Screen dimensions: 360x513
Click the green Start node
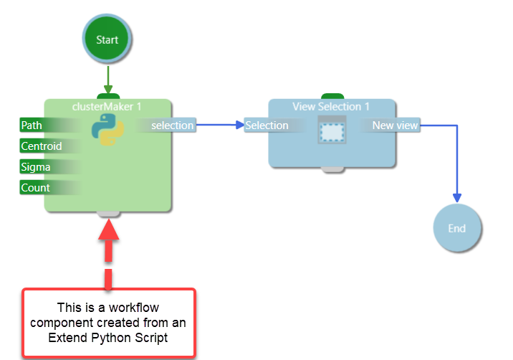click(107, 39)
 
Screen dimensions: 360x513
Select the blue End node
click(456, 229)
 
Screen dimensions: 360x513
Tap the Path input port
click(32, 125)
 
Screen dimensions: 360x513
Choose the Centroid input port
click(42, 146)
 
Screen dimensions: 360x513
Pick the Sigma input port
click(36, 167)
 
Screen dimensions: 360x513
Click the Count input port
click(36, 188)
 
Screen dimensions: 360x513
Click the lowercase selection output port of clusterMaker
click(172, 125)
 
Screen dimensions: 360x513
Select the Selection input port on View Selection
click(267, 125)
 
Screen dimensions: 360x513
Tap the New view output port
click(394, 125)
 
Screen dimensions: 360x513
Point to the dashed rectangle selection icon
click(332, 132)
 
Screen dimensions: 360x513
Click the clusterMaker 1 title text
click(107, 106)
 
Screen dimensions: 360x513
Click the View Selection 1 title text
click(331, 106)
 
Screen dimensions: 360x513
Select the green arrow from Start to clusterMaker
click(107, 79)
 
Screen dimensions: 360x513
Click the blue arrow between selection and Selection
click(219, 125)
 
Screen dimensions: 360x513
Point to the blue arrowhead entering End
click(456, 198)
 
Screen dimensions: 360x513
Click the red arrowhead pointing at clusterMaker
click(108, 229)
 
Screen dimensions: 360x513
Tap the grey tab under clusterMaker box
click(108, 213)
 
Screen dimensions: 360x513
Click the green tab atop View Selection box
click(332, 95)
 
